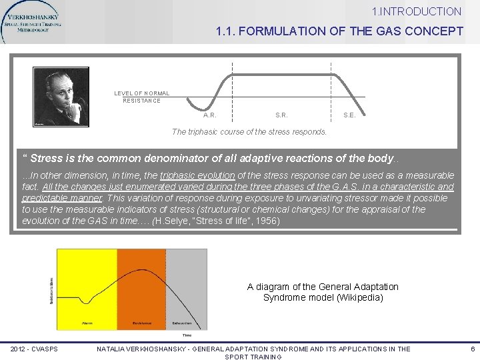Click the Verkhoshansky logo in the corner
[32, 22]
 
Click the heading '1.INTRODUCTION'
[417, 11]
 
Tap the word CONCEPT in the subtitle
[433, 31]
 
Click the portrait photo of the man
[61, 96]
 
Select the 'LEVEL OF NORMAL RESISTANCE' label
[141, 97]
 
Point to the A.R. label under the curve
[209, 115]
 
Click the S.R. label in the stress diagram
[281, 115]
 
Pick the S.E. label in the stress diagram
[349, 115]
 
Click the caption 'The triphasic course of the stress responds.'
[249, 132]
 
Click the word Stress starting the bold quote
[46, 159]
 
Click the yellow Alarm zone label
[86, 323]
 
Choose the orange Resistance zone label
[141, 323]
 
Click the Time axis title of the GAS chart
[187, 335]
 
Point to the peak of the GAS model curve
[139, 269]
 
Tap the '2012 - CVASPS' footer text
[34, 349]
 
